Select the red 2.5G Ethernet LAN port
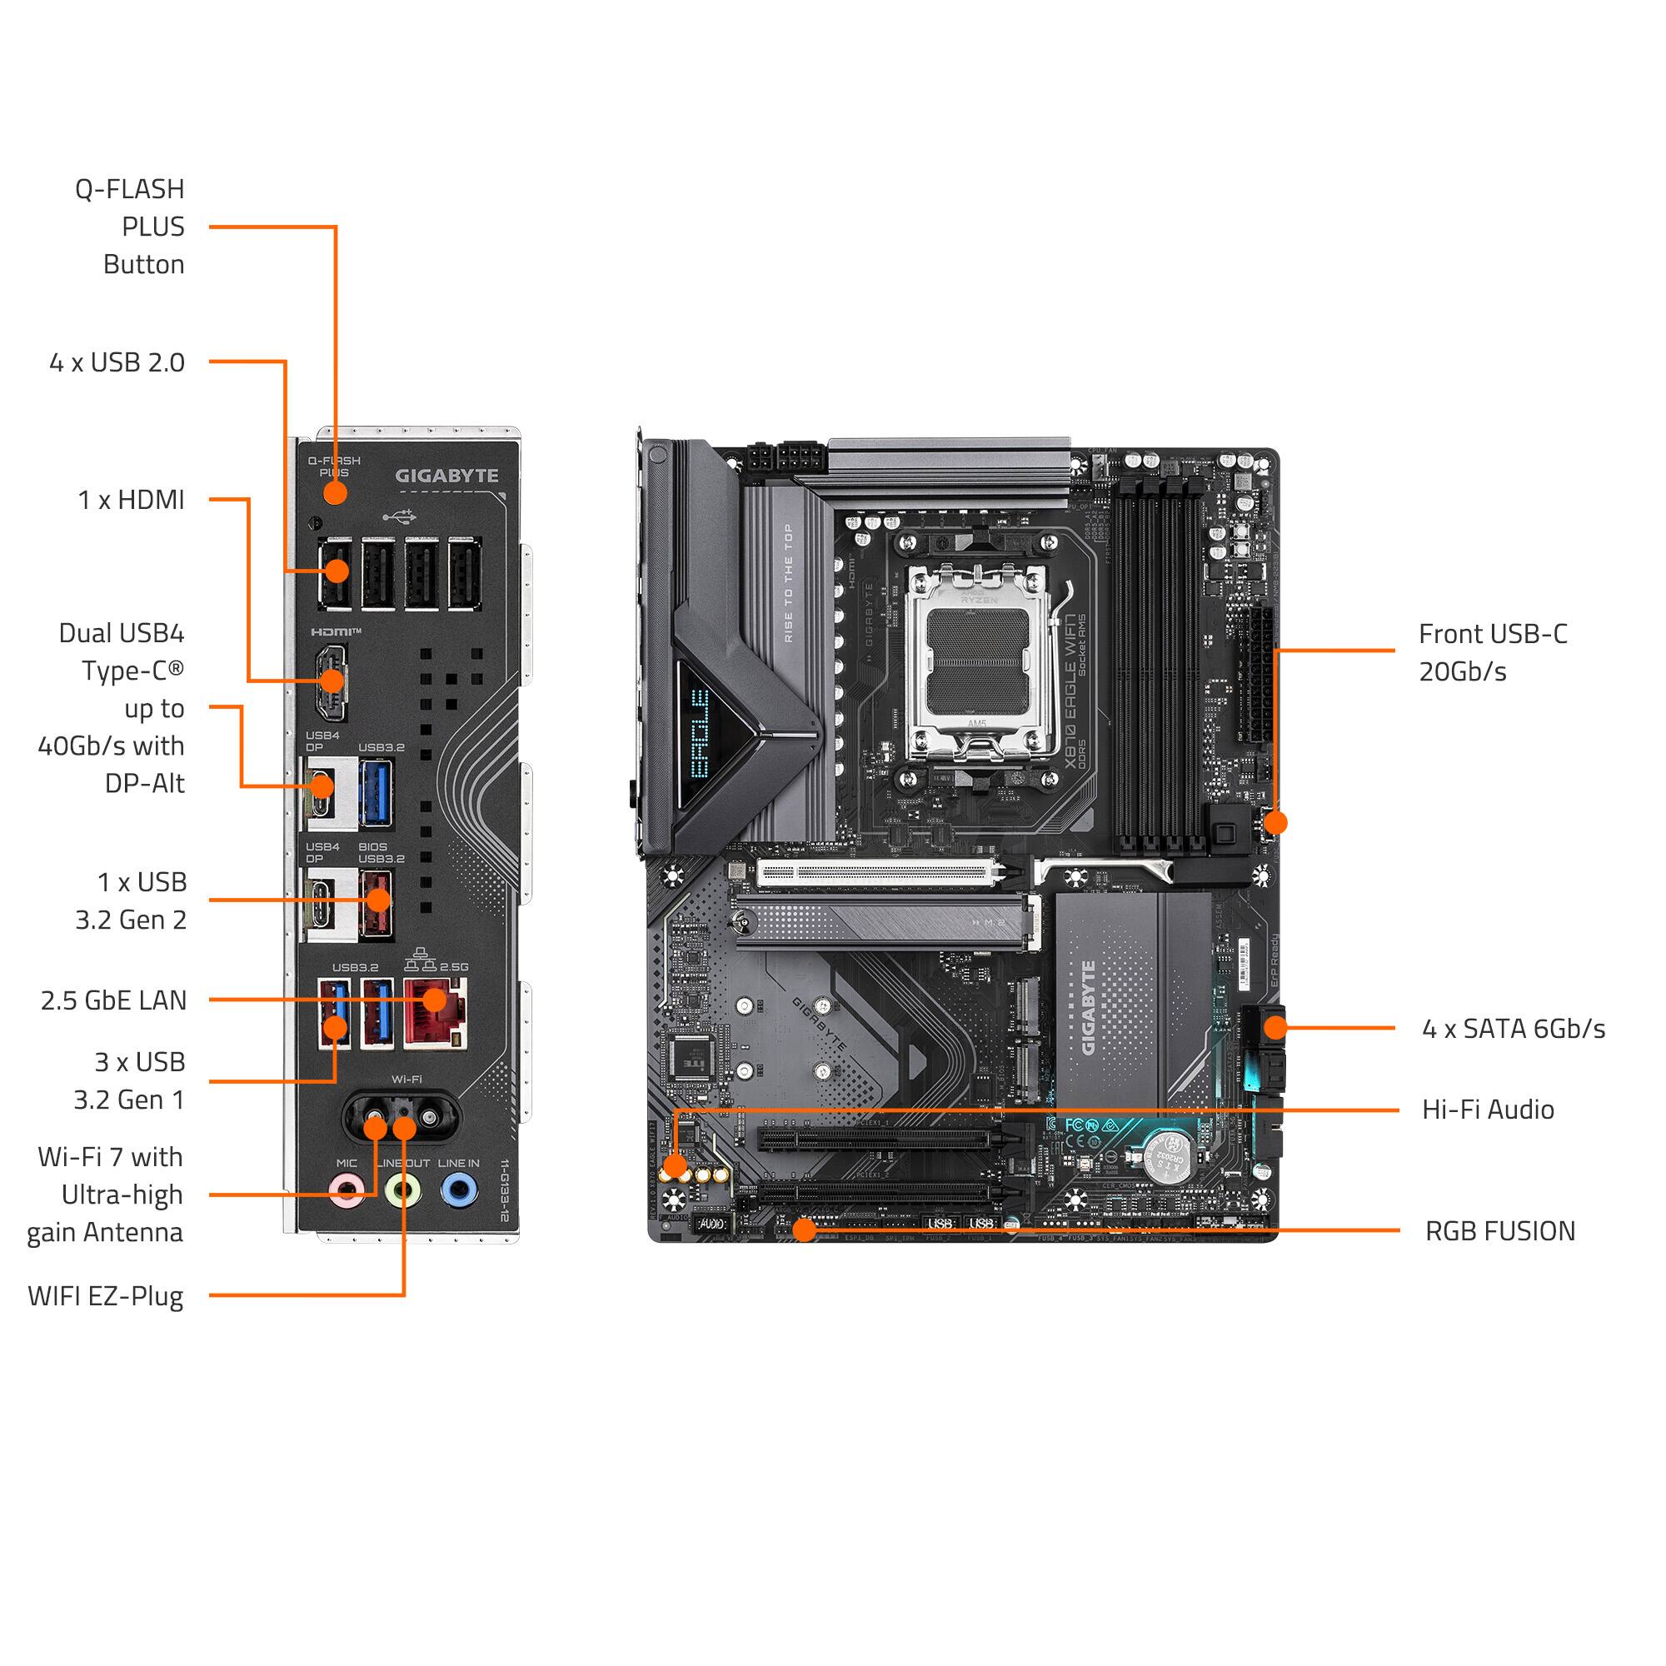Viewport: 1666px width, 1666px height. [436, 1012]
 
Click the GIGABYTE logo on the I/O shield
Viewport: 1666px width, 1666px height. [446, 475]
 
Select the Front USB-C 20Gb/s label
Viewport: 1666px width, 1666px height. [1492, 653]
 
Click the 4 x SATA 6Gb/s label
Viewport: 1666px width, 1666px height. [1514, 1028]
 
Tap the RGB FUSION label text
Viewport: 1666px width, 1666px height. [1499, 1230]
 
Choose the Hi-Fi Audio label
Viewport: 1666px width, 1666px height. [1488, 1109]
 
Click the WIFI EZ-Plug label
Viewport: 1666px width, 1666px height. [105, 1296]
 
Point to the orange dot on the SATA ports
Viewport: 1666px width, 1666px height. [1274, 1027]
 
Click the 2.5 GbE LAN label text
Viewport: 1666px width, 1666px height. [113, 1000]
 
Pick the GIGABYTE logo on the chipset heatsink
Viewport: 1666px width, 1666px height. [1088, 1006]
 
